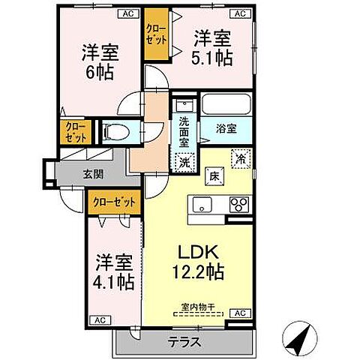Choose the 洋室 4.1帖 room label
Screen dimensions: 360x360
(x=114, y=273)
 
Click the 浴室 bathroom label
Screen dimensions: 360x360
(x=226, y=128)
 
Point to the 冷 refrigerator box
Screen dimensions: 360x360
(x=241, y=158)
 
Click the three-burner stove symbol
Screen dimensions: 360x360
(x=238, y=203)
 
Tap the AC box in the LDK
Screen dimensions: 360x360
(x=241, y=313)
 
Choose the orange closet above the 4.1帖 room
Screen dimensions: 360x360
(x=115, y=201)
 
